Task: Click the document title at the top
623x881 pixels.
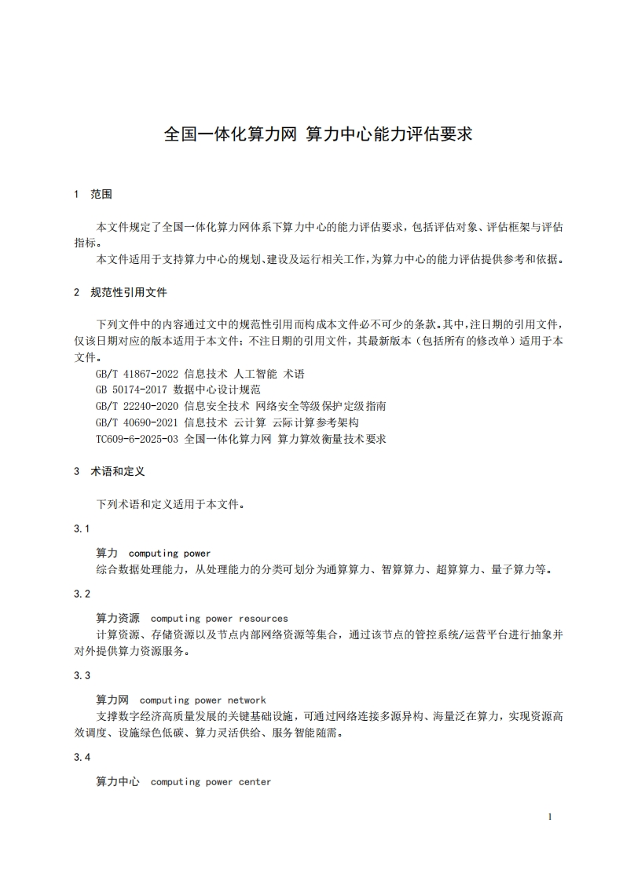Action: pos(317,134)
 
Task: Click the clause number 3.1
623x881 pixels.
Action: pos(82,528)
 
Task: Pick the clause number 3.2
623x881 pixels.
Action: pos(82,594)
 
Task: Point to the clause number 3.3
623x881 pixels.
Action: pos(82,675)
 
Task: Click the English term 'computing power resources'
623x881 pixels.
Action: pos(219,619)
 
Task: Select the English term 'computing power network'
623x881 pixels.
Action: pos(203,700)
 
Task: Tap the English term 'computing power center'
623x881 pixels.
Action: pos(211,782)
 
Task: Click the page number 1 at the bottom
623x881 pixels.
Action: pos(550,817)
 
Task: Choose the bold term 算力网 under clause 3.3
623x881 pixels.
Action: pos(112,700)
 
